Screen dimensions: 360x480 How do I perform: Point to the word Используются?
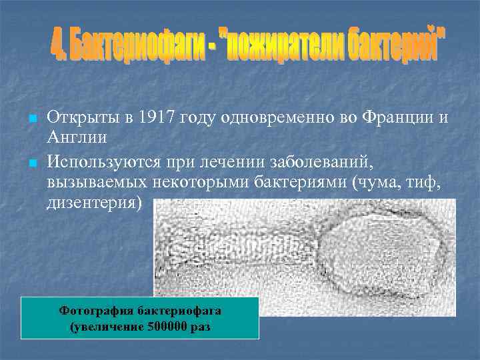tap(101, 162)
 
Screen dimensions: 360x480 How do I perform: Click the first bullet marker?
tap(31, 119)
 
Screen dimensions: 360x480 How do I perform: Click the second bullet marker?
tap(31, 163)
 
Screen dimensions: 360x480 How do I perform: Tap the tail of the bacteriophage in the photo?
tap(240, 253)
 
